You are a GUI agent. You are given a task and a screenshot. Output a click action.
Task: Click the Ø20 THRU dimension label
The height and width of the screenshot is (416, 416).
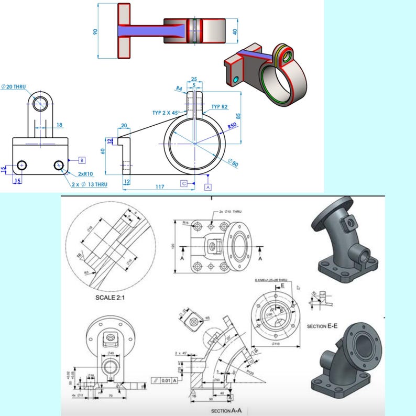[17, 86]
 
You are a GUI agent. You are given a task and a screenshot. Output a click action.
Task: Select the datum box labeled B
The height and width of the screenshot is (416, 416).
[82, 160]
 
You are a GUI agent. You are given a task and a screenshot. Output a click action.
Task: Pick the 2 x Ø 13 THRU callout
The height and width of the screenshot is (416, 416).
[90, 184]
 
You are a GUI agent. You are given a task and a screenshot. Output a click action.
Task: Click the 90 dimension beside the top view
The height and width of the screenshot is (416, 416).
[95, 31]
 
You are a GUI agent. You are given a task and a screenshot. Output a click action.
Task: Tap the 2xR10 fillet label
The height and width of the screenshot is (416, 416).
[85, 173]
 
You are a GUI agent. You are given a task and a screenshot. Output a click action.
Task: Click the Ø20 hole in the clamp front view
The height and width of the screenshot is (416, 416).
[40, 103]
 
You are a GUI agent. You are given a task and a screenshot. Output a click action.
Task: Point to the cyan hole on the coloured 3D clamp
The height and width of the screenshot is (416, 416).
[236, 79]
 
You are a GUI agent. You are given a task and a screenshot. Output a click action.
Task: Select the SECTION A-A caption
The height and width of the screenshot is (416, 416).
[227, 411]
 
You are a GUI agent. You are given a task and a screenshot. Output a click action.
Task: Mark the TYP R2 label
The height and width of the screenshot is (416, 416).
[220, 106]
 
